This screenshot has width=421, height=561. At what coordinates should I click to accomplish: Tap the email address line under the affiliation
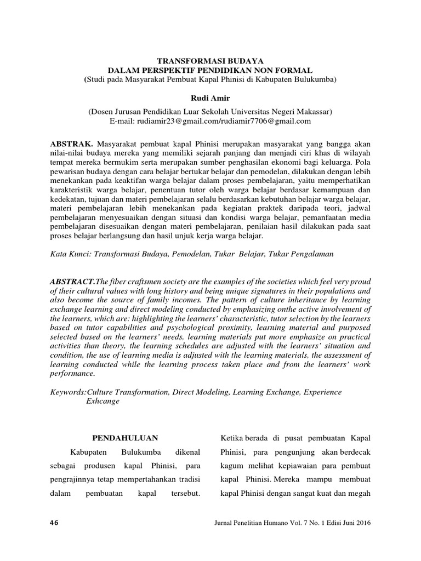point(210,121)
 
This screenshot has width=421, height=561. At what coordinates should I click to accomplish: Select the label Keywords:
point(68,392)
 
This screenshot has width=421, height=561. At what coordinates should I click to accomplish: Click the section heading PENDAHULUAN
point(124,438)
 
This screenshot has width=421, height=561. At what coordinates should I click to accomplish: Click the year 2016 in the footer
point(362,523)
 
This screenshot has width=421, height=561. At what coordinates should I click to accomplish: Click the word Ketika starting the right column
point(231,438)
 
